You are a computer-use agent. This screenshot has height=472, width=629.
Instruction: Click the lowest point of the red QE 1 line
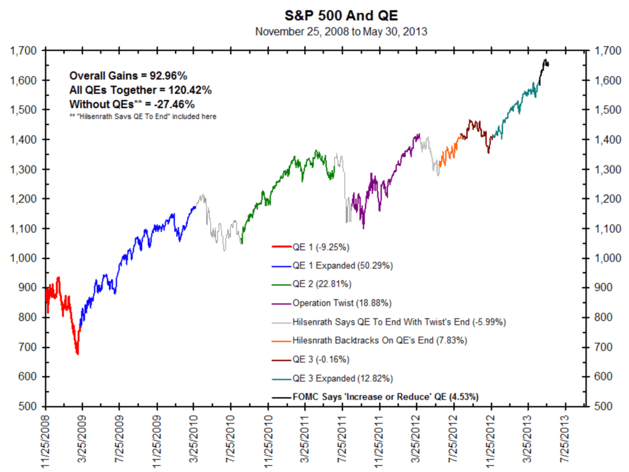pyautogui.click(x=77, y=354)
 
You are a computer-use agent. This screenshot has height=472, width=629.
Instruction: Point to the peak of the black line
pyautogui.click(x=545, y=60)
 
